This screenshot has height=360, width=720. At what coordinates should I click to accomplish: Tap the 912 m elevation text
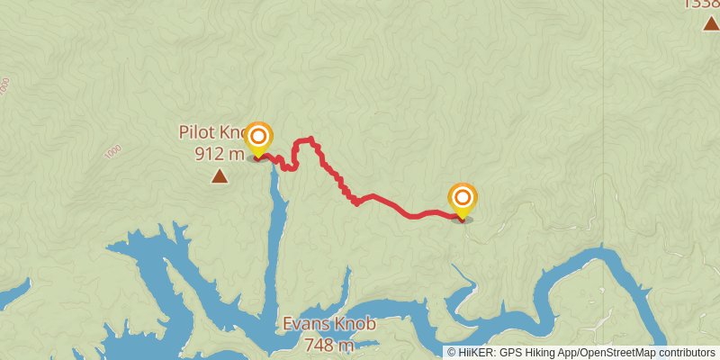coord(219,154)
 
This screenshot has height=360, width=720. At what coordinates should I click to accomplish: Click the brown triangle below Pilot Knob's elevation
coord(219,176)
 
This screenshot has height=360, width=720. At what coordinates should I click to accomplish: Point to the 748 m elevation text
coord(329,344)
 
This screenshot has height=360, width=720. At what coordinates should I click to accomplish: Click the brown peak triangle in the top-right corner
coord(710,22)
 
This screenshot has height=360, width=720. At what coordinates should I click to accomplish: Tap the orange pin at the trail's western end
coord(259,138)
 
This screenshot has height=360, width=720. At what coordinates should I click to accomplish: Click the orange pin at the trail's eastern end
coord(463,199)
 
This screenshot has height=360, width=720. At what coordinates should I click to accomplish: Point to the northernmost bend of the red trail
coord(310,139)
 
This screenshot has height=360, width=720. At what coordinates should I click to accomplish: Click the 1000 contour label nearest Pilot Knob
coord(112,151)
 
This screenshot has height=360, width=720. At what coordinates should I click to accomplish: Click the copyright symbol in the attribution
coord(452,353)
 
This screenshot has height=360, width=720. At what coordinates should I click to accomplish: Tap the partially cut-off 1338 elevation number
coord(702,4)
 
